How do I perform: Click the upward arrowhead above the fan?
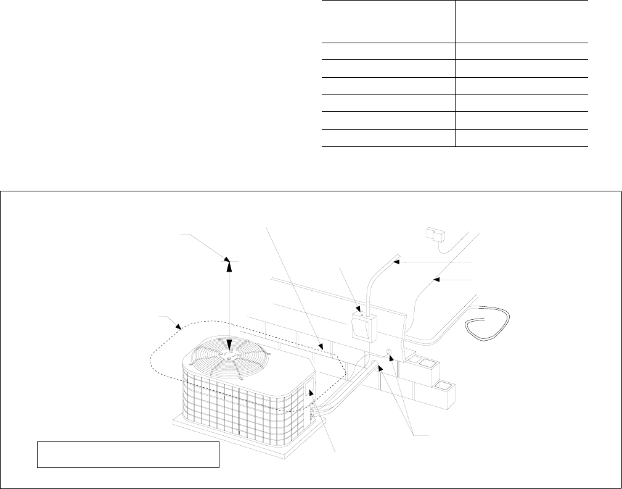pos(229,264)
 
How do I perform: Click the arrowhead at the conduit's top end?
pos(398,262)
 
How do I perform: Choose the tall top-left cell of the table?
pos(388,21)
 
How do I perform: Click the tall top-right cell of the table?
pos(522,21)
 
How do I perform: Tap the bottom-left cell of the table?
pos(388,139)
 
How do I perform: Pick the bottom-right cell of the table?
pos(522,139)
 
